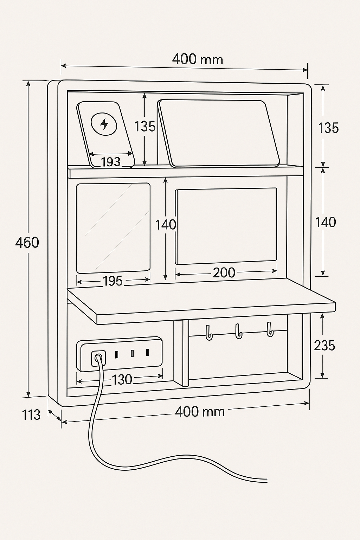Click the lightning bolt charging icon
coord(104,123)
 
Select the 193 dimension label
coord(111,162)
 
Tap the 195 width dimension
coord(112,281)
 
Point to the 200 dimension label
coord(224,272)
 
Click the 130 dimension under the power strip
coord(122,380)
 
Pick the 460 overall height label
coord(27,243)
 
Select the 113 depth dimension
coord(31,415)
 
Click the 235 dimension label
coord(324,346)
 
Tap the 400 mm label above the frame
coord(198,59)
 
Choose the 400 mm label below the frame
coord(200,411)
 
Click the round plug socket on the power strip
coord(98,359)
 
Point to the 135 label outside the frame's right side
coord(328,128)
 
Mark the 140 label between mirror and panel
coord(166,225)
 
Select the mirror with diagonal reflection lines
coord(113,228)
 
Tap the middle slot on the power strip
coord(132,353)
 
